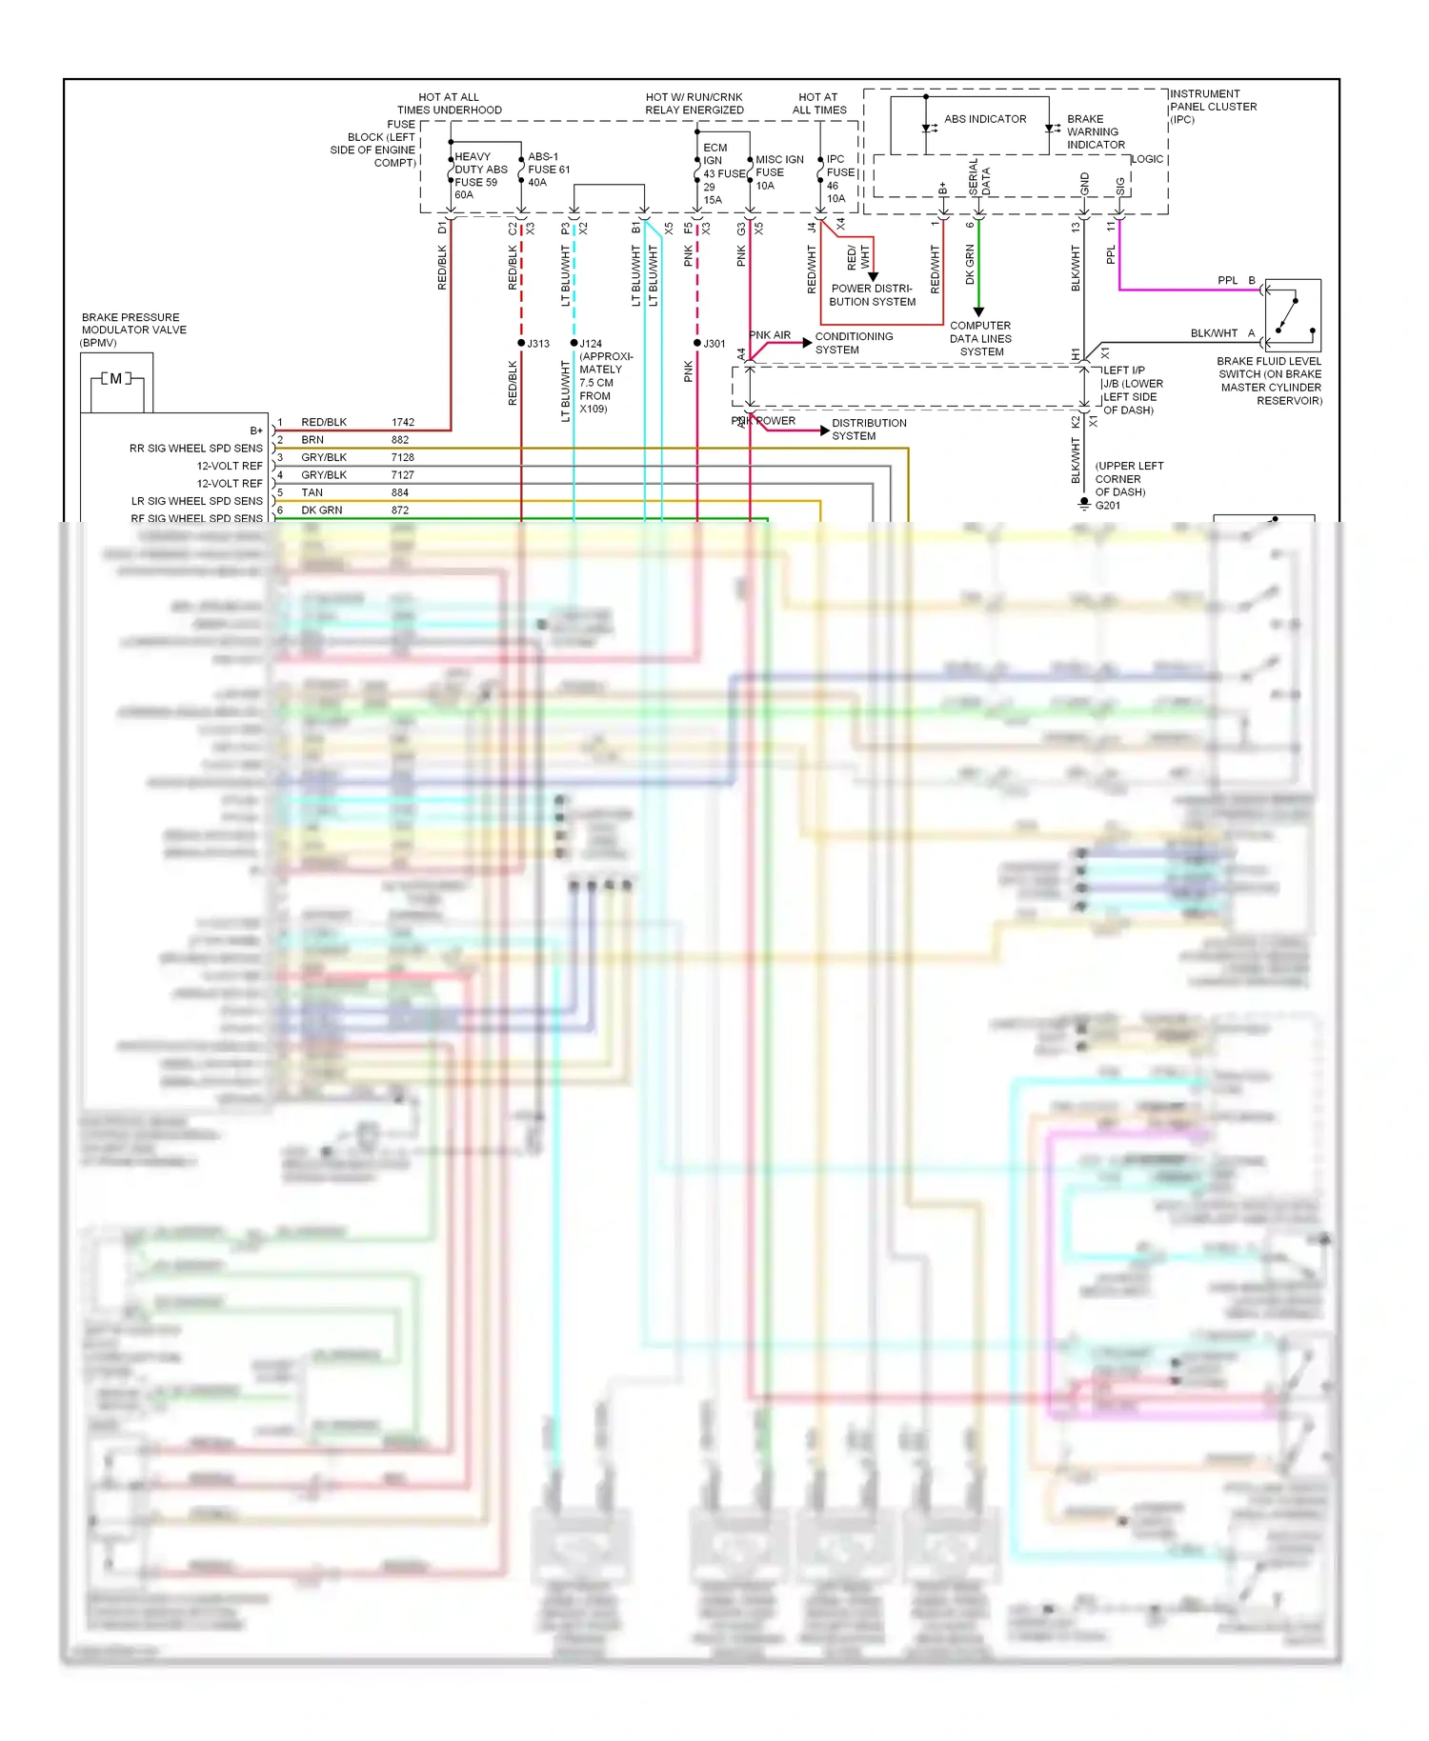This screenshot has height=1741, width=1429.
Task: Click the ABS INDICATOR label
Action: (985, 119)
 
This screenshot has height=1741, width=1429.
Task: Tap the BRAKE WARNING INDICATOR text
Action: (1095, 132)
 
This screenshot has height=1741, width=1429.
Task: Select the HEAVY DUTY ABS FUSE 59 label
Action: (480, 175)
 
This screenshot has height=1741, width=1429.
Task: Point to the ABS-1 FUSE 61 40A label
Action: (549, 170)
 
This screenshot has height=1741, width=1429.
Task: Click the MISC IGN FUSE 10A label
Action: (778, 172)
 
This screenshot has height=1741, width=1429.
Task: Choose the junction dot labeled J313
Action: (521, 343)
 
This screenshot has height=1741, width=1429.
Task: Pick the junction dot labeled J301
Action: (697, 343)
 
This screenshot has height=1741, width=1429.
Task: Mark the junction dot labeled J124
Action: (574, 343)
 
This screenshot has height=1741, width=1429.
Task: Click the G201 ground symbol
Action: (1084, 504)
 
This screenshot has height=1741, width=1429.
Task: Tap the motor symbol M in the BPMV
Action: (116, 379)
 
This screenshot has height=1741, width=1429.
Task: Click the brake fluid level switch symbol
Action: (1293, 316)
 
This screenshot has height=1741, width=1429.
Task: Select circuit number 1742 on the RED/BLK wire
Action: (403, 422)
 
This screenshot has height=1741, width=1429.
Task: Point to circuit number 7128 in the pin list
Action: (403, 457)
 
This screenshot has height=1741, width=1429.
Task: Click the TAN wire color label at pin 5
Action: (312, 492)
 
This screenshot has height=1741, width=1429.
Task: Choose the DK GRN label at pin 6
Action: (321, 510)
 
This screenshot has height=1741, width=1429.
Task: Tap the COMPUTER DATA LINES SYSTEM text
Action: (980, 339)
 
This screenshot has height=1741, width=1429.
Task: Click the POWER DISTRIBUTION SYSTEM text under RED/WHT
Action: (872, 295)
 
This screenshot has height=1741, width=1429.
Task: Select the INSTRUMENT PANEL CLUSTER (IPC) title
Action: (1213, 107)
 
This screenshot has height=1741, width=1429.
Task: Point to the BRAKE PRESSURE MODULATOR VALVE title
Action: (133, 330)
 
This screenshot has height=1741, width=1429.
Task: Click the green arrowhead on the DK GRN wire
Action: (978, 311)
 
